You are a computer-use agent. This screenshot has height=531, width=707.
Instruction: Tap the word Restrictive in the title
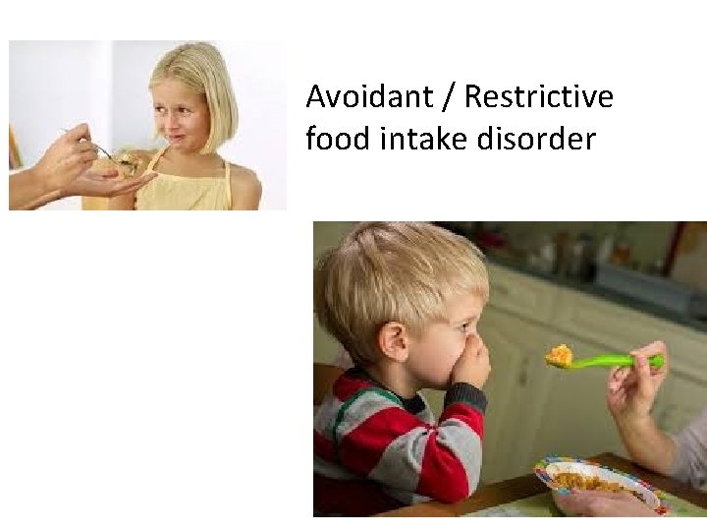tap(538, 97)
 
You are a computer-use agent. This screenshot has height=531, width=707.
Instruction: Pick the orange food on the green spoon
tap(560, 354)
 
